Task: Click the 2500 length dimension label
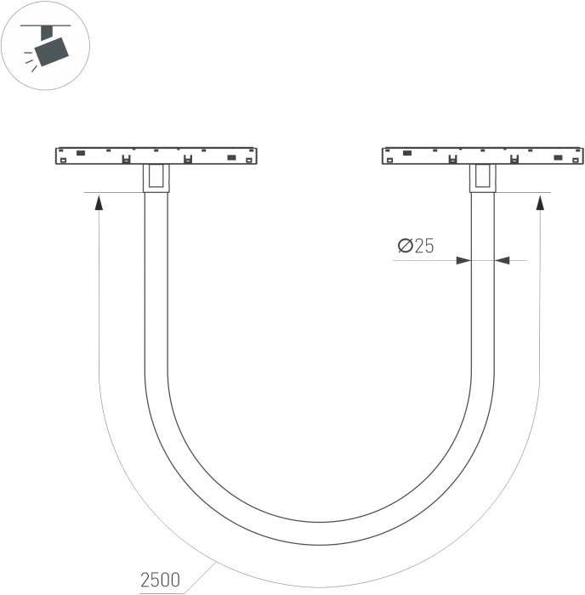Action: tap(160, 580)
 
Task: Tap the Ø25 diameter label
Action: tap(416, 246)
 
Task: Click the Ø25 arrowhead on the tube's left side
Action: tap(463, 260)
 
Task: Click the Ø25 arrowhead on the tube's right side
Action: tap(503, 260)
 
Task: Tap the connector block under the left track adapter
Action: tap(156, 178)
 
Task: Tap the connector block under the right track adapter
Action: tap(482, 178)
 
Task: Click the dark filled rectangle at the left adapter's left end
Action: tap(81, 153)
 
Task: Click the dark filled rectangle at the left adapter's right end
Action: tap(230, 157)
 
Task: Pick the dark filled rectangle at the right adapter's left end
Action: tap(407, 153)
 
